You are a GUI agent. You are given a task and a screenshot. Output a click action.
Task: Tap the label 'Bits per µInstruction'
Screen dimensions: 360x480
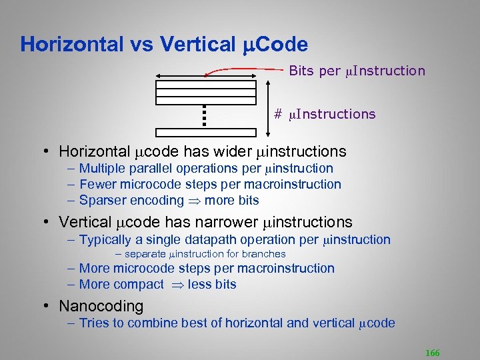tap(357, 71)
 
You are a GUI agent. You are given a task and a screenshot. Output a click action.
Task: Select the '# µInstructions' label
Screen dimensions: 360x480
tap(325, 114)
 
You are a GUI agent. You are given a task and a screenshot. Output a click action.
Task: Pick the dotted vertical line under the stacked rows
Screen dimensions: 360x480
tap(206, 115)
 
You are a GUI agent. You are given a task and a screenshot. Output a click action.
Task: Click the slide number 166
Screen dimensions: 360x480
tap(431, 353)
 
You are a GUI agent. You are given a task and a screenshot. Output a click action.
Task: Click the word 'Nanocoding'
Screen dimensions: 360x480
tap(101, 306)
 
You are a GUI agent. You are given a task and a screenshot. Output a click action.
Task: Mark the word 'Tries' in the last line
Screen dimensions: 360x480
tap(93, 323)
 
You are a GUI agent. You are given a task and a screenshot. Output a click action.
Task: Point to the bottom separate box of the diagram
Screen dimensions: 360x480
tap(206, 133)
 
